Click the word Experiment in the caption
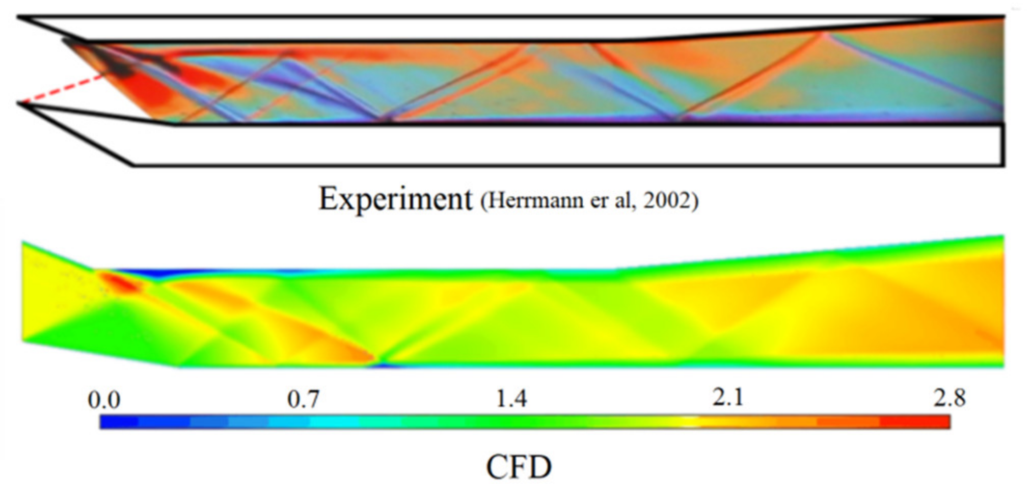pos(395,199)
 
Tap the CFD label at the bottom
pos(519,467)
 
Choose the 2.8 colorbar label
pos(949,398)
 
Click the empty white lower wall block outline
pos(560,145)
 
